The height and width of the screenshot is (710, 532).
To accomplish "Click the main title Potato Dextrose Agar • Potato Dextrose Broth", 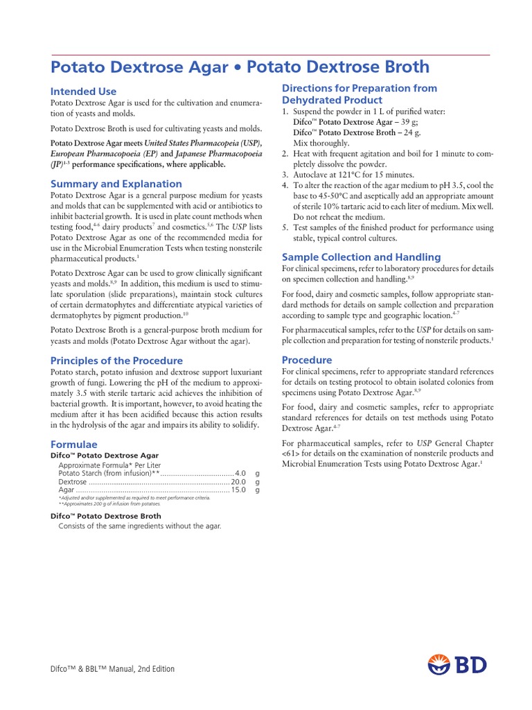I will pyautogui.click(x=240, y=67).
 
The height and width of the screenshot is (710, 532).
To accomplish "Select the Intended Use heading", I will pyautogui.click(x=83, y=92).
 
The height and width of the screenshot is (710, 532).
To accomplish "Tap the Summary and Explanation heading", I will pyautogui.click(x=116, y=184).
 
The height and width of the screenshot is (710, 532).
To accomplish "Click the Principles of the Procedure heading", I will pyautogui.click(x=116, y=361).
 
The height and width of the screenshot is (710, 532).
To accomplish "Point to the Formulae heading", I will pyautogui.click(x=74, y=444).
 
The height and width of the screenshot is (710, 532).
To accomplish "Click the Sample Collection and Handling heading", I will pyautogui.click(x=361, y=257).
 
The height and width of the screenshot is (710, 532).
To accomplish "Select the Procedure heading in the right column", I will pyautogui.click(x=307, y=360).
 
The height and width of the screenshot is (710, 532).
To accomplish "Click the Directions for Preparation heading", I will pyautogui.click(x=360, y=94).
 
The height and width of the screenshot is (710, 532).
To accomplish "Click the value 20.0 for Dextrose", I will pyautogui.click(x=238, y=481).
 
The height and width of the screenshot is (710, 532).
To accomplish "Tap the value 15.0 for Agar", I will pyautogui.click(x=238, y=490).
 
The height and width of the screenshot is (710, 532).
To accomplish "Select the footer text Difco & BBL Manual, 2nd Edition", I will pyautogui.click(x=113, y=669).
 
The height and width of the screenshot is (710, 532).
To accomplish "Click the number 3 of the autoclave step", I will pyautogui.click(x=285, y=175).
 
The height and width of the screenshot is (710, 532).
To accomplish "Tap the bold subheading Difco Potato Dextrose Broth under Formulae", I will pyautogui.click(x=106, y=516).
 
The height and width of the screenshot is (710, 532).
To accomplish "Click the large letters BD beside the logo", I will pyautogui.click(x=472, y=665).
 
